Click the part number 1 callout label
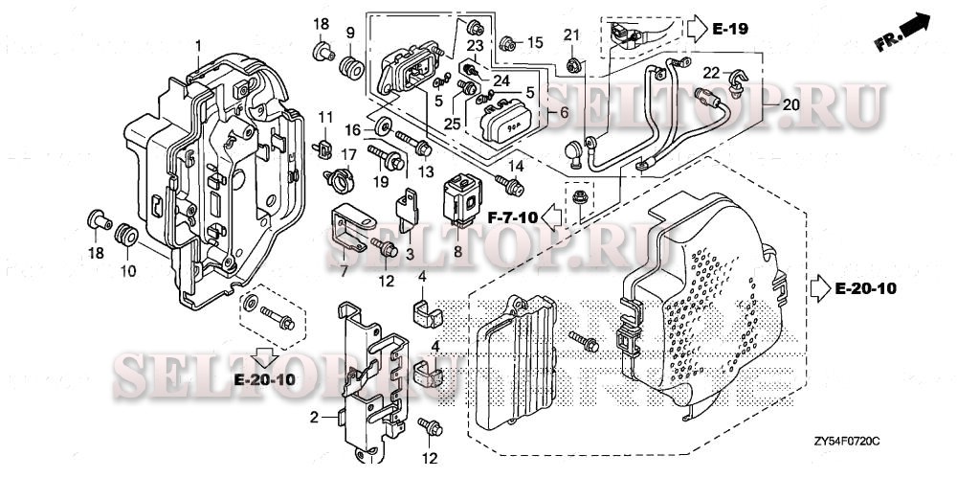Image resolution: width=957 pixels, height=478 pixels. click(x=198, y=45)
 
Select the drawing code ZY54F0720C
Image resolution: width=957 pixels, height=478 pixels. click(x=851, y=441)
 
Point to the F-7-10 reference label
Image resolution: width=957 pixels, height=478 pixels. click(x=512, y=217)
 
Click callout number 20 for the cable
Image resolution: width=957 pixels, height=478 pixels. click(x=790, y=105)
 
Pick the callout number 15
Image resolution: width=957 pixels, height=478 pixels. click(x=535, y=42)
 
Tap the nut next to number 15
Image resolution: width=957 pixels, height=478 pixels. click(x=507, y=43)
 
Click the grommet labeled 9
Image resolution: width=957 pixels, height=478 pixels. click(x=351, y=67)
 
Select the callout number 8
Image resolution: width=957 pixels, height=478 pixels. click(x=457, y=251)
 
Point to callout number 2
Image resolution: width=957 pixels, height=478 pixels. click(x=314, y=418)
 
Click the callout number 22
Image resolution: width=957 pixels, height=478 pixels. click(x=710, y=72)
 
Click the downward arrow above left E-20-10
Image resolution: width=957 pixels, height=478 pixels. click(x=265, y=357)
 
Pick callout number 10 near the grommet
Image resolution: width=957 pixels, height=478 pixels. click(x=128, y=270)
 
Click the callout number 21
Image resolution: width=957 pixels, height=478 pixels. click(x=571, y=34)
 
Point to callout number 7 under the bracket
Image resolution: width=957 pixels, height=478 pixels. click(x=344, y=270)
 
